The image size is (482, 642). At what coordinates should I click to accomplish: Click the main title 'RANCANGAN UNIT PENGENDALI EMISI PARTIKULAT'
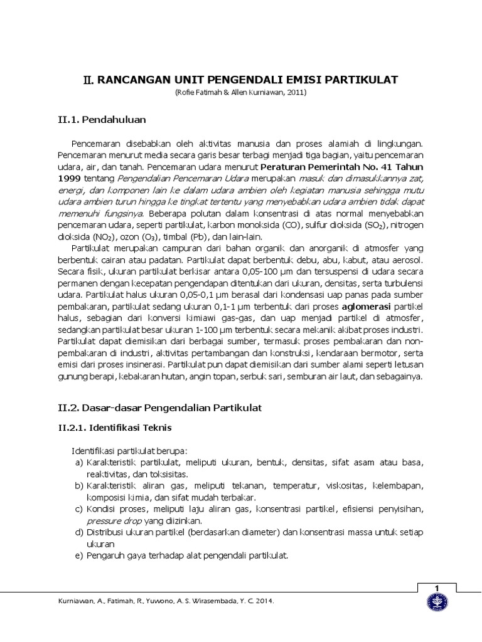tap(240, 80)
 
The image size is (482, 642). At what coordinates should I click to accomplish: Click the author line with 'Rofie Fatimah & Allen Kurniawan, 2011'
tap(240, 93)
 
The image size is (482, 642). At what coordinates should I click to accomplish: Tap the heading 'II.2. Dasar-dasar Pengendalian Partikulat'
tap(156, 408)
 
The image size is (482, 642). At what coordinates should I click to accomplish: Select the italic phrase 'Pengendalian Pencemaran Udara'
tap(171, 179)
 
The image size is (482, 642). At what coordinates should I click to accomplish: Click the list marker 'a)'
tap(78, 463)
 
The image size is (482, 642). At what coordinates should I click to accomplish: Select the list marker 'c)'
tap(78, 508)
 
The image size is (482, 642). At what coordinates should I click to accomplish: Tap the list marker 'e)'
tap(78, 555)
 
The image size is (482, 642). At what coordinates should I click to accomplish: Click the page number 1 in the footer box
tap(436, 587)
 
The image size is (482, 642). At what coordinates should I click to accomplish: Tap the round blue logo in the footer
tap(436, 604)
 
